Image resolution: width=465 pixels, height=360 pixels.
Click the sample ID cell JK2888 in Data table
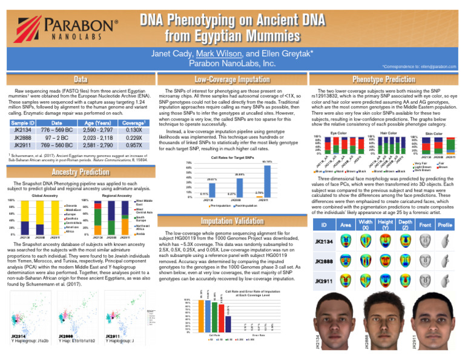pyautogui.click(x=22, y=138)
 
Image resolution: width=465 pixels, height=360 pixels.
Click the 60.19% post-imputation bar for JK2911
pyautogui.click(x=267, y=179)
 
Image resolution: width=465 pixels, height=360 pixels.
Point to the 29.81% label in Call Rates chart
pyautogui.click(x=212, y=180)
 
